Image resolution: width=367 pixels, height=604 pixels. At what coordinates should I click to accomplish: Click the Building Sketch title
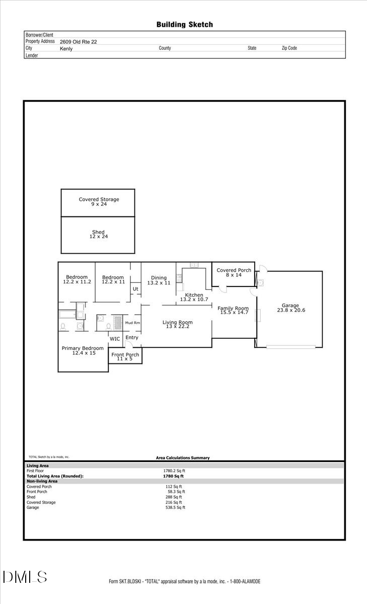[184, 24]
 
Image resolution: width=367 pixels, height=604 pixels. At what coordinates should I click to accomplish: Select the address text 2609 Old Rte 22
[78, 42]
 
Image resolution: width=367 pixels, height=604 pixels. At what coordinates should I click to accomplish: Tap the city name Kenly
[66, 48]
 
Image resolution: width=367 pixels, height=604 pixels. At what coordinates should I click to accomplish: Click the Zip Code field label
[289, 48]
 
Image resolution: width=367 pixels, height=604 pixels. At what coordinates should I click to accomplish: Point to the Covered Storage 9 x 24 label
[99, 202]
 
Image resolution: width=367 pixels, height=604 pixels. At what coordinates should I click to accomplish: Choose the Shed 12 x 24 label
[98, 235]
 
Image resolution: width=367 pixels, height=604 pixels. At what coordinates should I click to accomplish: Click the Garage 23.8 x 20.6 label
[290, 308]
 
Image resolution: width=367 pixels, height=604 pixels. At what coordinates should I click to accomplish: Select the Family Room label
[233, 310]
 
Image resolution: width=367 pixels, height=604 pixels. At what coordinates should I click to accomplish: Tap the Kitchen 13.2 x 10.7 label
[194, 297]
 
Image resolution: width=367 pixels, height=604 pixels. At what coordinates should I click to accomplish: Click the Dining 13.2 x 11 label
[159, 280]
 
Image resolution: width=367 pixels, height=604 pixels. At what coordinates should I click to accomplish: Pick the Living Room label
[177, 325]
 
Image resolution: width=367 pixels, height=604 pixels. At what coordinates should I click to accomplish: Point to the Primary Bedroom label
[83, 350]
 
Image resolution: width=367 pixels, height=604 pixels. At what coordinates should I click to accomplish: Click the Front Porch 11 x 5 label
[125, 357]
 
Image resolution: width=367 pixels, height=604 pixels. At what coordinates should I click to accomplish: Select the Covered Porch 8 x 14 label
[234, 272]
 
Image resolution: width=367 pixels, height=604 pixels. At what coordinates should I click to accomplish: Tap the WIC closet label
[115, 339]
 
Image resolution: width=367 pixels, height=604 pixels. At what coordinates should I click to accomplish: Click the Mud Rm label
[132, 323]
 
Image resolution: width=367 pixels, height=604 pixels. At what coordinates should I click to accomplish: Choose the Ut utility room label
[135, 289]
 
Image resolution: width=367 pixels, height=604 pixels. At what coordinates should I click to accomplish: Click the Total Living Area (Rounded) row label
[55, 476]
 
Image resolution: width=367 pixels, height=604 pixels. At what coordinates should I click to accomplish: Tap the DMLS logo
[25, 577]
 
